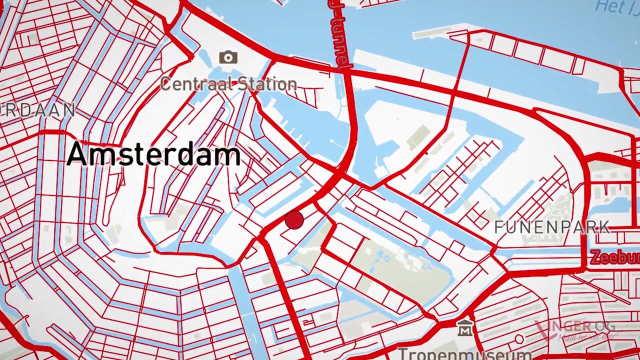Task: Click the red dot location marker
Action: (294, 220)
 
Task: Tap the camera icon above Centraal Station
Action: (228, 57)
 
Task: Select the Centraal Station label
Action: (228, 84)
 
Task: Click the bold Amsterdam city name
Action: (154, 154)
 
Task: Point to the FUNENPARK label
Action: (552, 227)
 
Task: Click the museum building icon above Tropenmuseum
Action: (465, 328)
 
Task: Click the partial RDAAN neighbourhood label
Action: (37, 110)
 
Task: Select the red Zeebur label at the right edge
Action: (614, 257)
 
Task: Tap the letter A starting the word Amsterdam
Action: (78, 154)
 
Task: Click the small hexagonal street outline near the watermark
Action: (519, 339)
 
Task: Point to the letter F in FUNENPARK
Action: (498, 227)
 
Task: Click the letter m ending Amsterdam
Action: (229, 156)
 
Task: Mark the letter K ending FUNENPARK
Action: (604, 227)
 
